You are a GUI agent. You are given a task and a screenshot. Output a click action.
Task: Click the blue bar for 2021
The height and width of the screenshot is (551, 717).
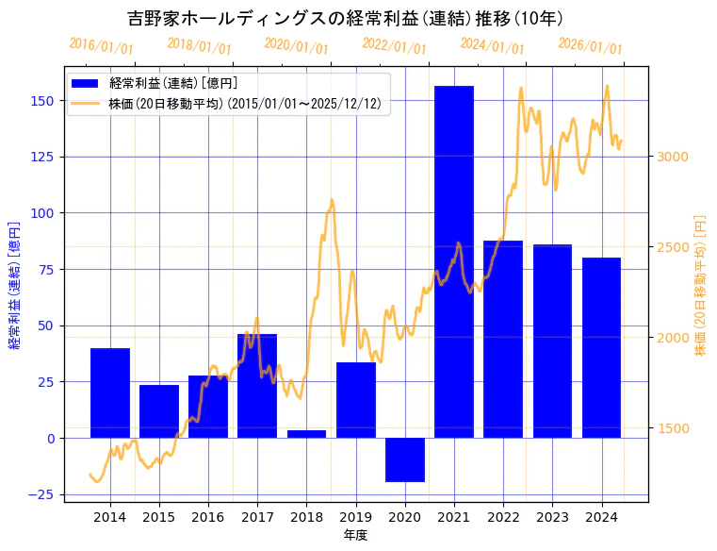454,261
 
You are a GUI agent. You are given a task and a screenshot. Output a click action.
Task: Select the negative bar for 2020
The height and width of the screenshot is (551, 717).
405,459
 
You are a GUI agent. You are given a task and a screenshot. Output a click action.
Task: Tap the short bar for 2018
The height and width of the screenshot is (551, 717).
306,434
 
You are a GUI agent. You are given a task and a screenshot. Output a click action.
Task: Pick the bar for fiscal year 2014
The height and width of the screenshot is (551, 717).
110,392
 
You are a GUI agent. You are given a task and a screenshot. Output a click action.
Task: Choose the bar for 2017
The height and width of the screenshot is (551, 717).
257,386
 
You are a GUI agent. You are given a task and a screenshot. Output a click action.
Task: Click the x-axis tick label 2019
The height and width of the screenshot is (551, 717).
355,517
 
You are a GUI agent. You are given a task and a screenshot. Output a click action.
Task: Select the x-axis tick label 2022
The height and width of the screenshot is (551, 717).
503,517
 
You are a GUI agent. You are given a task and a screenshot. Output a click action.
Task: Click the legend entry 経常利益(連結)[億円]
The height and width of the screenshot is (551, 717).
172,84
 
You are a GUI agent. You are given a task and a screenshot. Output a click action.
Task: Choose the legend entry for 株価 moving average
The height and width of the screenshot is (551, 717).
244,104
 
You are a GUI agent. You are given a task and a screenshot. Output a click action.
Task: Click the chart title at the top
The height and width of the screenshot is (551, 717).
345,18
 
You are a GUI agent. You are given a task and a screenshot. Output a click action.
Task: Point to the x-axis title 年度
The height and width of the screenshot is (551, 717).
355,535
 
